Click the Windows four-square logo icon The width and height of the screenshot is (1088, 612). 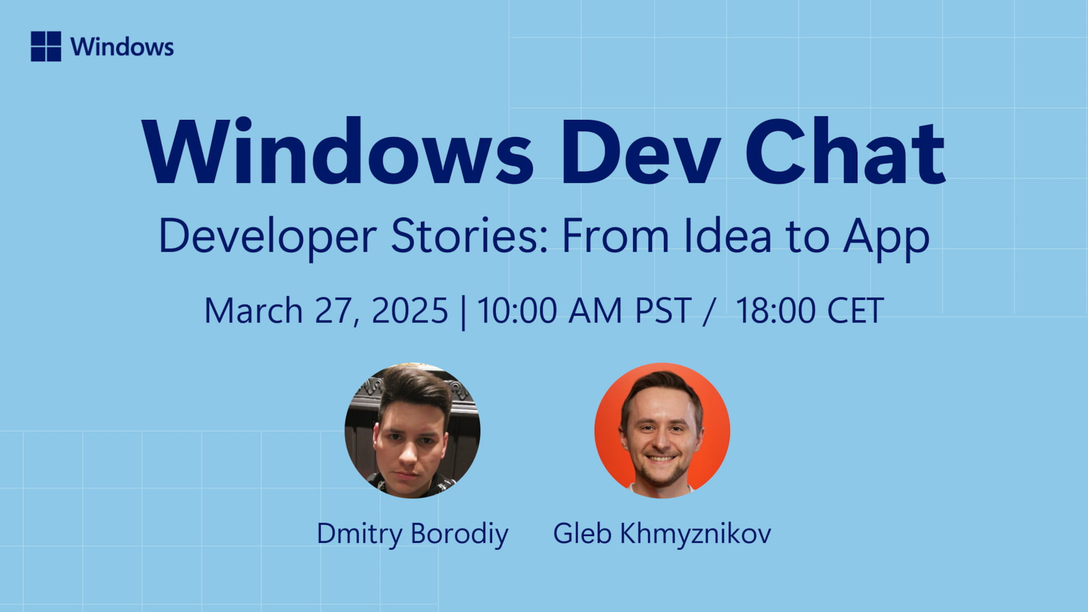(x=46, y=46)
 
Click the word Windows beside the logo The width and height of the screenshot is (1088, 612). (x=122, y=47)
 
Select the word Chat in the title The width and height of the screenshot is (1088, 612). (x=845, y=151)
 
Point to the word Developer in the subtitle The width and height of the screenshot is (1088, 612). (x=267, y=237)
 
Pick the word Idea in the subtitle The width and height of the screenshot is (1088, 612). (x=728, y=236)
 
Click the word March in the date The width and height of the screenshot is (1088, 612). (x=253, y=310)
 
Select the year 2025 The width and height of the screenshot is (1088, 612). (x=410, y=310)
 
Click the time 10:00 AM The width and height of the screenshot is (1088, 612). (x=550, y=310)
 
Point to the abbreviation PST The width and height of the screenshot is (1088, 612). (x=663, y=310)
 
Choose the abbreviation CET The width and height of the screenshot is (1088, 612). (x=856, y=310)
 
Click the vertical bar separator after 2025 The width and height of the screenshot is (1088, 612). (x=463, y=313)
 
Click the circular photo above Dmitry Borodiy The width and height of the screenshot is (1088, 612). (x=412, y=430)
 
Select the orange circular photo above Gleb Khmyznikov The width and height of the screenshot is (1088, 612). (x=662, y=430)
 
